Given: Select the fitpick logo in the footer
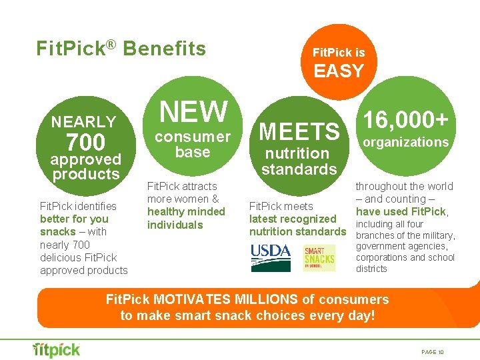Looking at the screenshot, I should (57, 349).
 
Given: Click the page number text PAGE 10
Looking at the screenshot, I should (433, 351).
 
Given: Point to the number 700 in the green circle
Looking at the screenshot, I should (85, 142).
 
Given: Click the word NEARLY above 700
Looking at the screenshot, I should (84, 122).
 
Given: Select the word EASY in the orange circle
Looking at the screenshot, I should (339, 71).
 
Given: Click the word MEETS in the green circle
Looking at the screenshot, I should (299, 132).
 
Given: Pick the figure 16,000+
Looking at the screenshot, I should (405, 120).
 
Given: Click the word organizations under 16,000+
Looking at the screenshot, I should (405, 142).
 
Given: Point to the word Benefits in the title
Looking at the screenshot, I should (165, 49).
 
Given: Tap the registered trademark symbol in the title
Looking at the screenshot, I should (111, 44).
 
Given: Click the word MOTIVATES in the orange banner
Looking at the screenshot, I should (189, 299).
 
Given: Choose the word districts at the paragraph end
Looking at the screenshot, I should (371, 269).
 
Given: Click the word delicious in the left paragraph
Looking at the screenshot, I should (63, 257).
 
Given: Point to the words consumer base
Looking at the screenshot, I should (193, 144).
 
